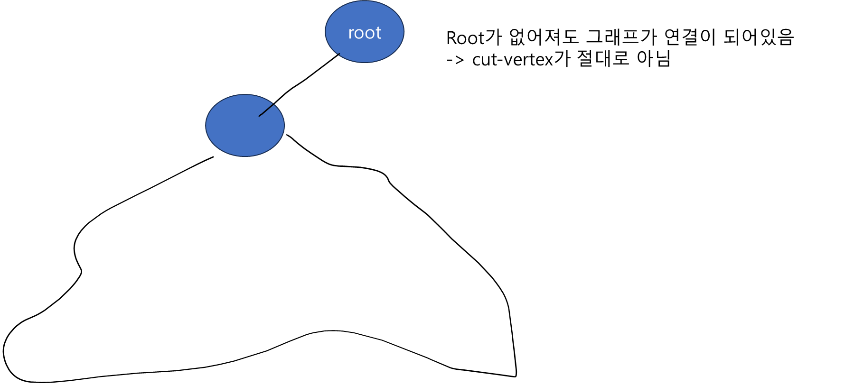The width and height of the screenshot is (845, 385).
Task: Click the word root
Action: (365, 33)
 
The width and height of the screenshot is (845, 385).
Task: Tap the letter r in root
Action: (351, 34)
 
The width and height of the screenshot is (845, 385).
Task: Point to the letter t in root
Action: (378, 33)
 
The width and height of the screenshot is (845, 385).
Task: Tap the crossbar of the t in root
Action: (378, 29)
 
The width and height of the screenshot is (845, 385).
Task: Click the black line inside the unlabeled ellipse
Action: (266, 110)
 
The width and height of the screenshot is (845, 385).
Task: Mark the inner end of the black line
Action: (259, 116)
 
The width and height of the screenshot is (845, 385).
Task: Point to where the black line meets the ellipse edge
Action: (274, 104)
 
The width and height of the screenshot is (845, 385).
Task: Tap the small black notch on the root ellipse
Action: (338, 54)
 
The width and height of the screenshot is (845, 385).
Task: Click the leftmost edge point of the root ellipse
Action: (325, 31)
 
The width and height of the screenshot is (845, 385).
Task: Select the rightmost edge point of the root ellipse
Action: (404, 31)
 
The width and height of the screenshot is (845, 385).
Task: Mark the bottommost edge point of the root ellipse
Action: (365, 62)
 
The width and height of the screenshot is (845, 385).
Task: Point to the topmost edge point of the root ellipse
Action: (365, 0)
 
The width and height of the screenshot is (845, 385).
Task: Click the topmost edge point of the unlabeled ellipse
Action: (245, 94)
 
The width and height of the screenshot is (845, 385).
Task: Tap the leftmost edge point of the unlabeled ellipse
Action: (206, 125)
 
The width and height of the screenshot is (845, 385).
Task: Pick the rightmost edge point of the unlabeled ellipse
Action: (284, 125)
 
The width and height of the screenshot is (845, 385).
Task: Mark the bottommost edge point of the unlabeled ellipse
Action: (245, 156)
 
